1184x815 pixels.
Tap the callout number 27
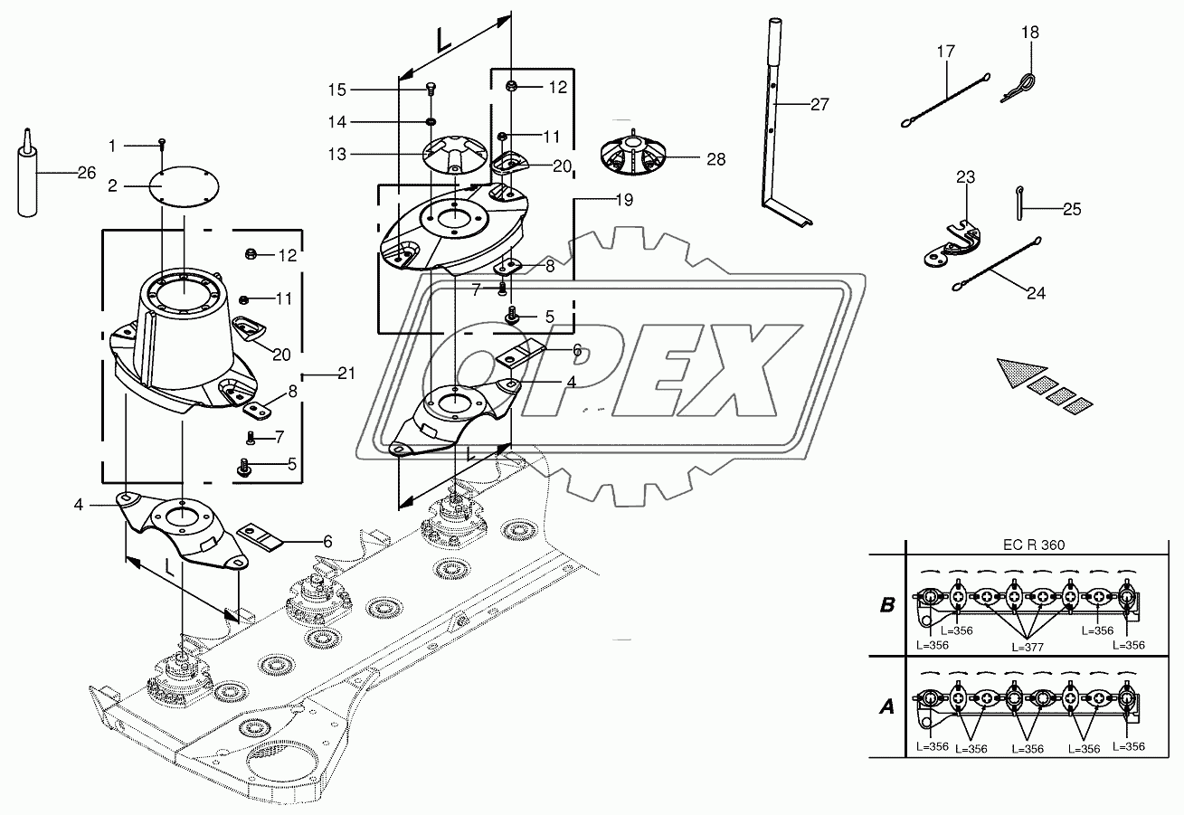point(819,105)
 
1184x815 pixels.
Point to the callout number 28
point(715,159)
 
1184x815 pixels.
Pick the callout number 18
point(1030,33)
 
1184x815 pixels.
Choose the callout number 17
point(945,52)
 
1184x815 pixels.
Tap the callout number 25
point(1072,210)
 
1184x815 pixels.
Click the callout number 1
point(112,145)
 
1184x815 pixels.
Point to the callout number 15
point(337,90)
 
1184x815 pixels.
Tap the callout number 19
point(600,198)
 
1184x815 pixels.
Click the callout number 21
point(346,374)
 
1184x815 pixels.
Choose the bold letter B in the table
point(887,605)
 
